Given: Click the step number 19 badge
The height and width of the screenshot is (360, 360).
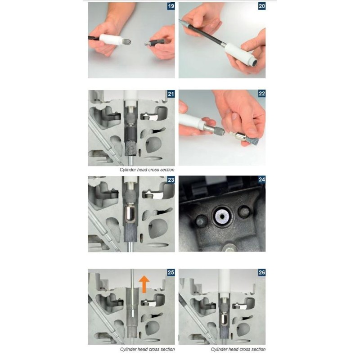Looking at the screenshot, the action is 171,6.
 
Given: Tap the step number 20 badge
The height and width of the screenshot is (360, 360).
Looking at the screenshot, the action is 262,6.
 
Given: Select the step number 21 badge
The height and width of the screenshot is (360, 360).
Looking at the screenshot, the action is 171,94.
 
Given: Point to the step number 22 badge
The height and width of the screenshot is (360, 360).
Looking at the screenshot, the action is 262,94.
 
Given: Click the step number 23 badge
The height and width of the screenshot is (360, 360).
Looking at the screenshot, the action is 171,180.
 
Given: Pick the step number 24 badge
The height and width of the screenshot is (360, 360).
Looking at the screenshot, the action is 262,180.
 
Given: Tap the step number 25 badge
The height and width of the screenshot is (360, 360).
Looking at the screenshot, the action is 171,273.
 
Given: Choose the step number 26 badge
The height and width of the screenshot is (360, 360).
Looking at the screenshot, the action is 262,273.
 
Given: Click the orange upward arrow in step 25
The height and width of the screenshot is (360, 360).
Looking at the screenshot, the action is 144,284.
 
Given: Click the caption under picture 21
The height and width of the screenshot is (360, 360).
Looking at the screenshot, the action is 147,170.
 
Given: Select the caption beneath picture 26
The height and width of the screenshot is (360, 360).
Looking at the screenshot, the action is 238,350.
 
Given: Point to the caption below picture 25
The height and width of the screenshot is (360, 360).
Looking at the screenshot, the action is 147,350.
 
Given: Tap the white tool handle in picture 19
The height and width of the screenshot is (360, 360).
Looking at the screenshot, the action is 110,40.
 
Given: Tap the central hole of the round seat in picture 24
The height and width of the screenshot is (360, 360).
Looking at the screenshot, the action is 222,216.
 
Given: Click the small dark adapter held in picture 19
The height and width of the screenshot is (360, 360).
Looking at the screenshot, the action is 156,42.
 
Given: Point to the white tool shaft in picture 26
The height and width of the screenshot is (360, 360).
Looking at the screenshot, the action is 223,282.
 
